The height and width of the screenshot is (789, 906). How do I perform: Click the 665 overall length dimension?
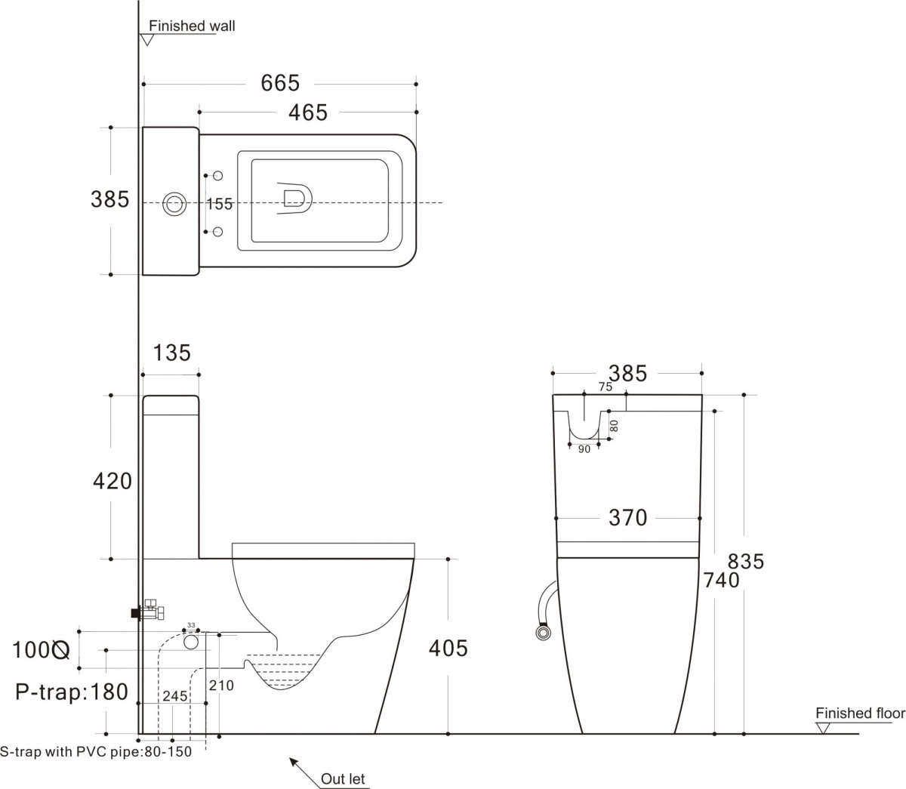click(x=280, y=83)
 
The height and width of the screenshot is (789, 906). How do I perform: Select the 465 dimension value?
click(x=308, y=112)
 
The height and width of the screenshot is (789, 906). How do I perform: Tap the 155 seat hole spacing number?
click(x=220, y=204)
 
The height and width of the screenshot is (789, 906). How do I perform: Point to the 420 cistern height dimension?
click(x=112, y=480)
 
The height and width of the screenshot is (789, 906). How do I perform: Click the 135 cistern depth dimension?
click(x=172, y=353)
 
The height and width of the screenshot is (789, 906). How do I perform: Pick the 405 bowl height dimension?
click(x=448, y=648)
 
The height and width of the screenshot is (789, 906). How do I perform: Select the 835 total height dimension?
click(x=746, y=562)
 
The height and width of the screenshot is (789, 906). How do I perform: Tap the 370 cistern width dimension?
click(x=627, y=518)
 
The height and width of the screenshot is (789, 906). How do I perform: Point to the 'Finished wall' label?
click(x=192, y=26)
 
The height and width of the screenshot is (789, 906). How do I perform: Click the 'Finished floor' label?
click(x=859, y=713)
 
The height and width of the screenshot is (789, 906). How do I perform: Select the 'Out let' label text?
click(x=344, y=778)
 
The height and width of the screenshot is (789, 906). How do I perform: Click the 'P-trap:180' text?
click(x=72, y=692)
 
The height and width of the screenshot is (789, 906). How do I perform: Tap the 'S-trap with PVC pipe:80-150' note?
click(x=96, y=752)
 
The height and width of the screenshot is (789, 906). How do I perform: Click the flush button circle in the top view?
click(x=175, y=203)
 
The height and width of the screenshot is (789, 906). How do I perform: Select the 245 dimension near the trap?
click(x=174, y=696)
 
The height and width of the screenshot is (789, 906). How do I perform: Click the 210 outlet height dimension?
click(x=221, y=686)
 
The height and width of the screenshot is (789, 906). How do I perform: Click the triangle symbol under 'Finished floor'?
click(x=823, y=728)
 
